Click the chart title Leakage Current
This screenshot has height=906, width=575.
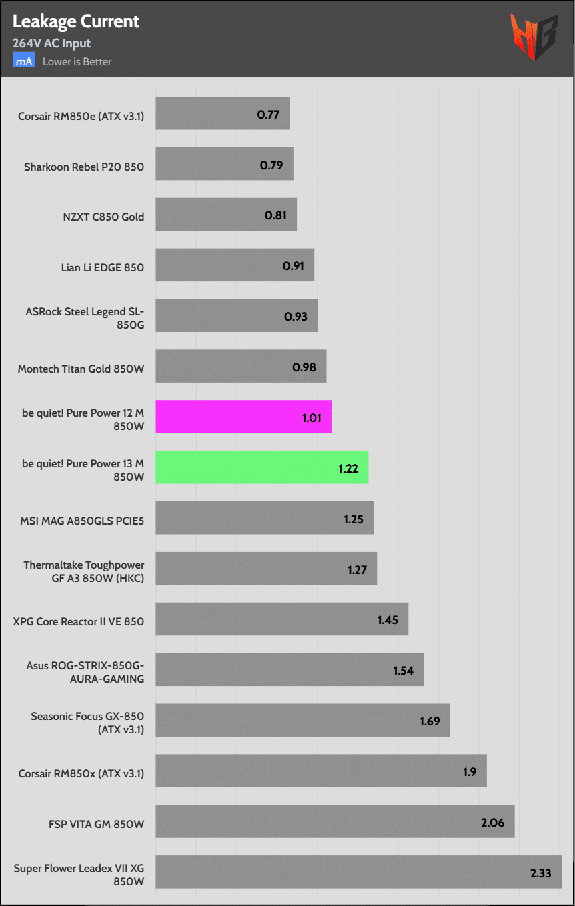[75, 21]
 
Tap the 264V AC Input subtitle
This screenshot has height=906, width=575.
[51, 43]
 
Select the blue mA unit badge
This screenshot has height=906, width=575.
[24, 61]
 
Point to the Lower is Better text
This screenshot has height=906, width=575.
[77, 62]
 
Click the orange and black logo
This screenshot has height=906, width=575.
[533, 37]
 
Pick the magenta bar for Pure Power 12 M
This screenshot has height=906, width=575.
[243, 417]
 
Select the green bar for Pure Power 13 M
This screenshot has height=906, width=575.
[261, 467]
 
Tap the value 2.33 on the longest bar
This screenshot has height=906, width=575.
[540, 873]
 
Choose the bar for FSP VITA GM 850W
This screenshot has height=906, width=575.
[335, 822]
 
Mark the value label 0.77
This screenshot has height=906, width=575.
[268, 114]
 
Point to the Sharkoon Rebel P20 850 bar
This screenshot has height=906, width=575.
[224, 164]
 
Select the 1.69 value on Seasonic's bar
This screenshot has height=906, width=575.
[430, 721]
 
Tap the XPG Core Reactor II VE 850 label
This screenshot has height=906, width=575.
[79, 621]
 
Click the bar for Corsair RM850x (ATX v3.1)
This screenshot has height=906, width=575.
[321, 771]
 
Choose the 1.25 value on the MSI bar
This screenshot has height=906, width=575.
[354, 519]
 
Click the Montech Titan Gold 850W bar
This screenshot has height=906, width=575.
[241, 366]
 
